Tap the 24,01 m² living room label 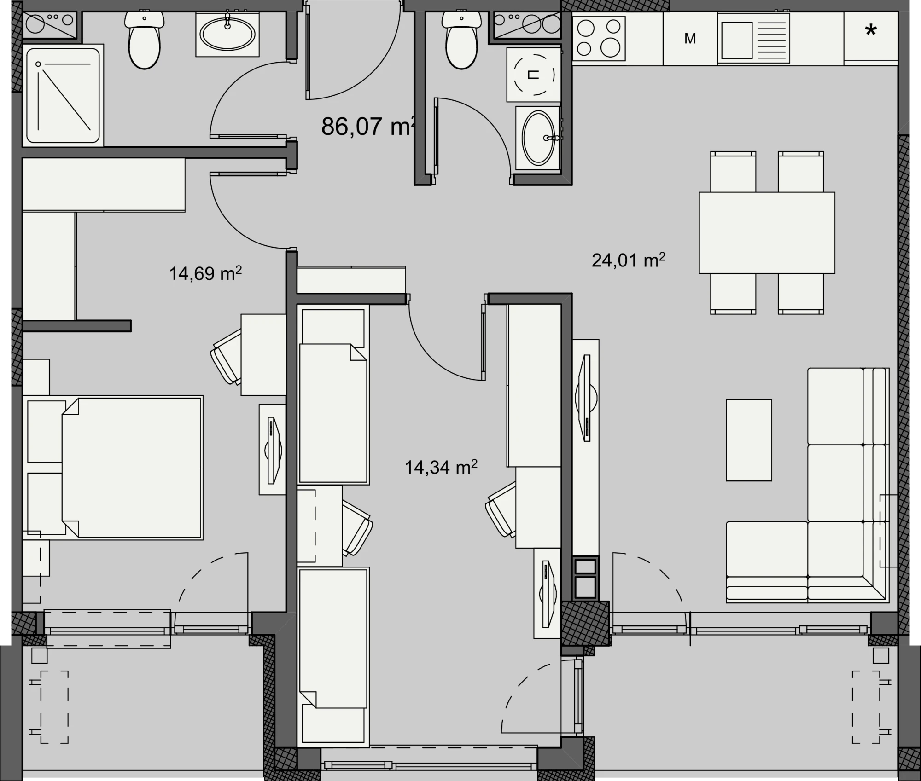tap(628, 260)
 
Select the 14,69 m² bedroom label tap(205, 273)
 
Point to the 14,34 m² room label tap(441, 467)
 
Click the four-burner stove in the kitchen tap(599, 38)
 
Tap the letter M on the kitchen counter tap(690, 39)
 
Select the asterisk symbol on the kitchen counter tap(871, 31)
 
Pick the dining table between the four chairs tap(767, 233)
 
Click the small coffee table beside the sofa tap(749, 440)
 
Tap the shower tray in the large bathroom tap(63, 96)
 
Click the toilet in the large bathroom tap(145, 40)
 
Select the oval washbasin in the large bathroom tap(227, 34)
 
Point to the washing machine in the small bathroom tap(534, 75)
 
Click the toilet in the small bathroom tap(461, 40)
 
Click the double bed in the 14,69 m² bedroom tap(132, 467)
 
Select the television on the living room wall tap(586, 398)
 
